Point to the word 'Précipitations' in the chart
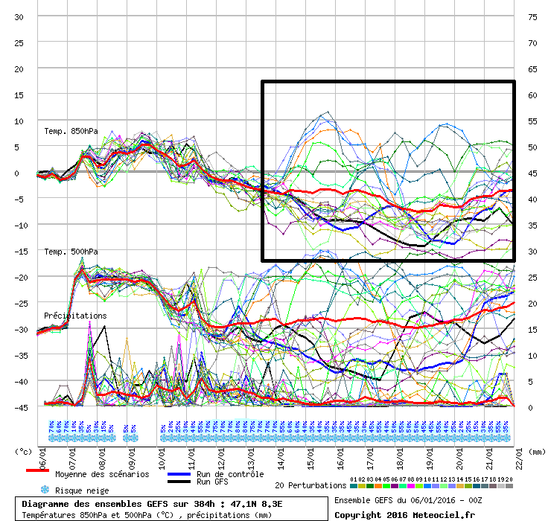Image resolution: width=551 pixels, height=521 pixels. [75, 316]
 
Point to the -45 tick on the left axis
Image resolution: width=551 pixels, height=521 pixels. [20, 407]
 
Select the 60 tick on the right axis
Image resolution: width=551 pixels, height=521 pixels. [532, 95]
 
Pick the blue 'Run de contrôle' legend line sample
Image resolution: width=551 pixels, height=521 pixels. [179, 474]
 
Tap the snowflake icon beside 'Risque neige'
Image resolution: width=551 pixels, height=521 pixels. [45, 490]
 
